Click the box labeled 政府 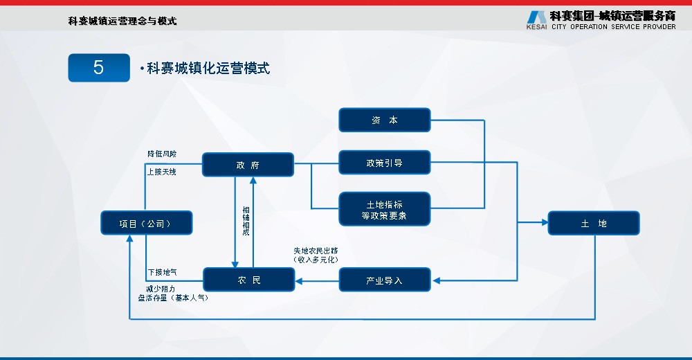[248, 165]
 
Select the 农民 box [248, 280]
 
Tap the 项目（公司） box [146, 223]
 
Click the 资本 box [384, 120]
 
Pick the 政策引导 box [384, 163]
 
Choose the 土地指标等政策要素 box [384, 209]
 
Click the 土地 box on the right [593, 223]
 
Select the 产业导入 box [384, 280]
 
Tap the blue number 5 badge [99, 68]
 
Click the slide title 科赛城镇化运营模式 [208, 68]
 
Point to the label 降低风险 [162, 154]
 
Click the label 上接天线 [162, 171]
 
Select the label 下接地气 [162, 272]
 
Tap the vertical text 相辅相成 [245, 222]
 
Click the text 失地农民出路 [316, 251]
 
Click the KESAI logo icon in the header [536, 18]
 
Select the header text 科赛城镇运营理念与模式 [122, 21]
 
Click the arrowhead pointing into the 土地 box [543, 223]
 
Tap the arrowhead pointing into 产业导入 [437, 280]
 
